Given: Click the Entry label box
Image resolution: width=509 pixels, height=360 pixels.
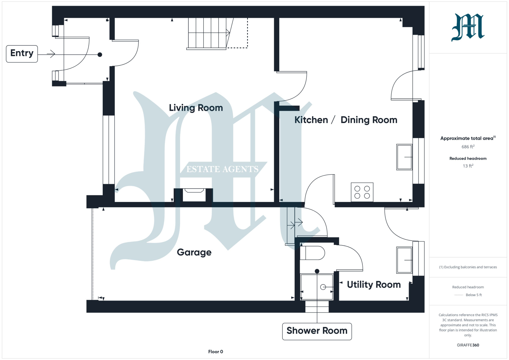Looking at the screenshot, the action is tap(22, 54).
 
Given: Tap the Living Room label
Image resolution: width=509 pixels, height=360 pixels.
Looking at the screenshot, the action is tap(196, 108).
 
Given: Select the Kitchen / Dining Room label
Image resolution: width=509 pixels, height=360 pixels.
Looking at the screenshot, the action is tap(346, 120).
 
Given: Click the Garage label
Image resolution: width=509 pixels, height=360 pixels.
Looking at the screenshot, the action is tap(194, 253).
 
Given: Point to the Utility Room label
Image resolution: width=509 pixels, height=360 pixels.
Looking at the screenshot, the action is tap(374, 285).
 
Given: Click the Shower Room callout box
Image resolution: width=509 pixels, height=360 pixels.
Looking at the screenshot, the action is tap(317, 331).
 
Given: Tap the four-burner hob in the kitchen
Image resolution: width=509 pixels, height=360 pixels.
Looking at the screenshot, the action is tap(362, 192).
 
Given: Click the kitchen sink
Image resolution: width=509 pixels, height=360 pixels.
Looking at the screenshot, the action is tap(404, 157).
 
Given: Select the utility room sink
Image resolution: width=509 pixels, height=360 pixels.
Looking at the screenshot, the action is tap(404, 260).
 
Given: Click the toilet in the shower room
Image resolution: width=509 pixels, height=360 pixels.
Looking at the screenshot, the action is tap(312, 253).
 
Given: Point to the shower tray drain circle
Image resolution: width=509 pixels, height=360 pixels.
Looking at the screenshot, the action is tap(323, 287).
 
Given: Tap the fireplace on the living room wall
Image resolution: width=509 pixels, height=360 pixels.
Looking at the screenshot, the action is tap(193, 195).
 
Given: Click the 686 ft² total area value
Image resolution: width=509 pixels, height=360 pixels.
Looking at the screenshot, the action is tap(468, 147).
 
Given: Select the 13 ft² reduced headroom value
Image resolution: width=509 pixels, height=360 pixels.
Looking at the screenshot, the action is tap(468, 166).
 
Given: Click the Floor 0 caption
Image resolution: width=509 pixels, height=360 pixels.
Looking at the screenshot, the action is tap(216, 352).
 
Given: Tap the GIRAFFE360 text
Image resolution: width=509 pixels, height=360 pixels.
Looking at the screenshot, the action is tap(468, 345).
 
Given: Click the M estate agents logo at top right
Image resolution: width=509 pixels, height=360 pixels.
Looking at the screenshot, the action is tap(468, 27).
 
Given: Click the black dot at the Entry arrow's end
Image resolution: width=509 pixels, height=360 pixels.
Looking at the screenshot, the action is tap(100, 55).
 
